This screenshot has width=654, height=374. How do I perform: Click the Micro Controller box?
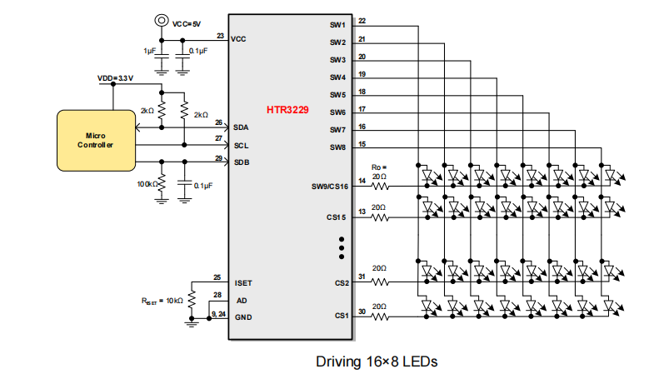(x=95, y=139)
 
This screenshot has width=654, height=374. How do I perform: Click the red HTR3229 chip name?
(x=287, y=109)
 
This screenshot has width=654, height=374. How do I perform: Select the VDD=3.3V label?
(x=116, y=77)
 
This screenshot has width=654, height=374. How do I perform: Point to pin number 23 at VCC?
(x=219, y=36)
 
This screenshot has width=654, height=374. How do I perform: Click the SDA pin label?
(x=241, y=127)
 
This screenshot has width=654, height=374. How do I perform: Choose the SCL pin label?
(x=241, y=144)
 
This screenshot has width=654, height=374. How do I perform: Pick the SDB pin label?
(x=241, y=162)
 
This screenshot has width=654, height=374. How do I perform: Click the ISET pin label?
(x=242, y=284)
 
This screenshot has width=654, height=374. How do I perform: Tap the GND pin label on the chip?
(x=242, y=317)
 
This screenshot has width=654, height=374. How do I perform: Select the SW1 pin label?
(x=337, y=25)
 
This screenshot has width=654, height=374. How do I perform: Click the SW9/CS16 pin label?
(x=328, y=187)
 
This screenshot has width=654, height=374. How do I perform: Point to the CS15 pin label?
(x=335, y=217)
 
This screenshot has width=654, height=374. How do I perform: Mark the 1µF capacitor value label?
(x=149, y=51)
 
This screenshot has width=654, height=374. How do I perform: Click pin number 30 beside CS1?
(x=361, y=312)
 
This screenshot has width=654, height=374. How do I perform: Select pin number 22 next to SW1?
(x=361, y=21)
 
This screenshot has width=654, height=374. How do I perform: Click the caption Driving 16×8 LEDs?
(x=376, y=362)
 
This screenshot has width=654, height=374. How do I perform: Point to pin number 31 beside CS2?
(x=361, y=277)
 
